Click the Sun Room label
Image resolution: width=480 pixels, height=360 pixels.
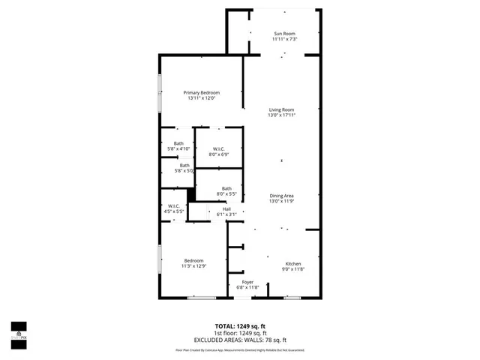pos(285,34)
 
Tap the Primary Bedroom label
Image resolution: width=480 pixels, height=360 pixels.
pos(201,92)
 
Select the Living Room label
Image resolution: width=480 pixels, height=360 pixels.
pos(281,109)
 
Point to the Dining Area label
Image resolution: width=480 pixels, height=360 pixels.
pos(281,196)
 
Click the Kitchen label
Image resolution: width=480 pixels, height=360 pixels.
pos(292,263)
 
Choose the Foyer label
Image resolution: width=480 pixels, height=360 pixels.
pos(247,282)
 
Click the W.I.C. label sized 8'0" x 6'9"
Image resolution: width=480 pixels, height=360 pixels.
pos(219,148)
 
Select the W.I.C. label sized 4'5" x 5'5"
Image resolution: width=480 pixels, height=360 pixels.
pos(173,206)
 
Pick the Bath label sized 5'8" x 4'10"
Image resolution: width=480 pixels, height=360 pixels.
pos(178,143)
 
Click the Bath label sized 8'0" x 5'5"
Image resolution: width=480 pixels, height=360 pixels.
pos(226,189)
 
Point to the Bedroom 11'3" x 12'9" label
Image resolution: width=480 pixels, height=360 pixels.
pos(193,260)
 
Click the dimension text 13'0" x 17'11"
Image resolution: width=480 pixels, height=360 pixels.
pos(282,115)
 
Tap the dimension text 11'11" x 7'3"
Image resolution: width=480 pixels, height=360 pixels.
pos(285,39)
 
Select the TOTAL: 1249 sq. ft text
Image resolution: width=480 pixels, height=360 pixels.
pos(240,326)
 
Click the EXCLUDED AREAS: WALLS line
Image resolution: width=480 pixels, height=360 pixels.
pos(240,340)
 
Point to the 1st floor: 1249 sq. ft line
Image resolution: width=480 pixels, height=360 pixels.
pos(240,333)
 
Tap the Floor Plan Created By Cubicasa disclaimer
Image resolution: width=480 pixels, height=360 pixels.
pos(240,349)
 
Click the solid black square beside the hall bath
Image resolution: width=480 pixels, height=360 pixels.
pos(191,194)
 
